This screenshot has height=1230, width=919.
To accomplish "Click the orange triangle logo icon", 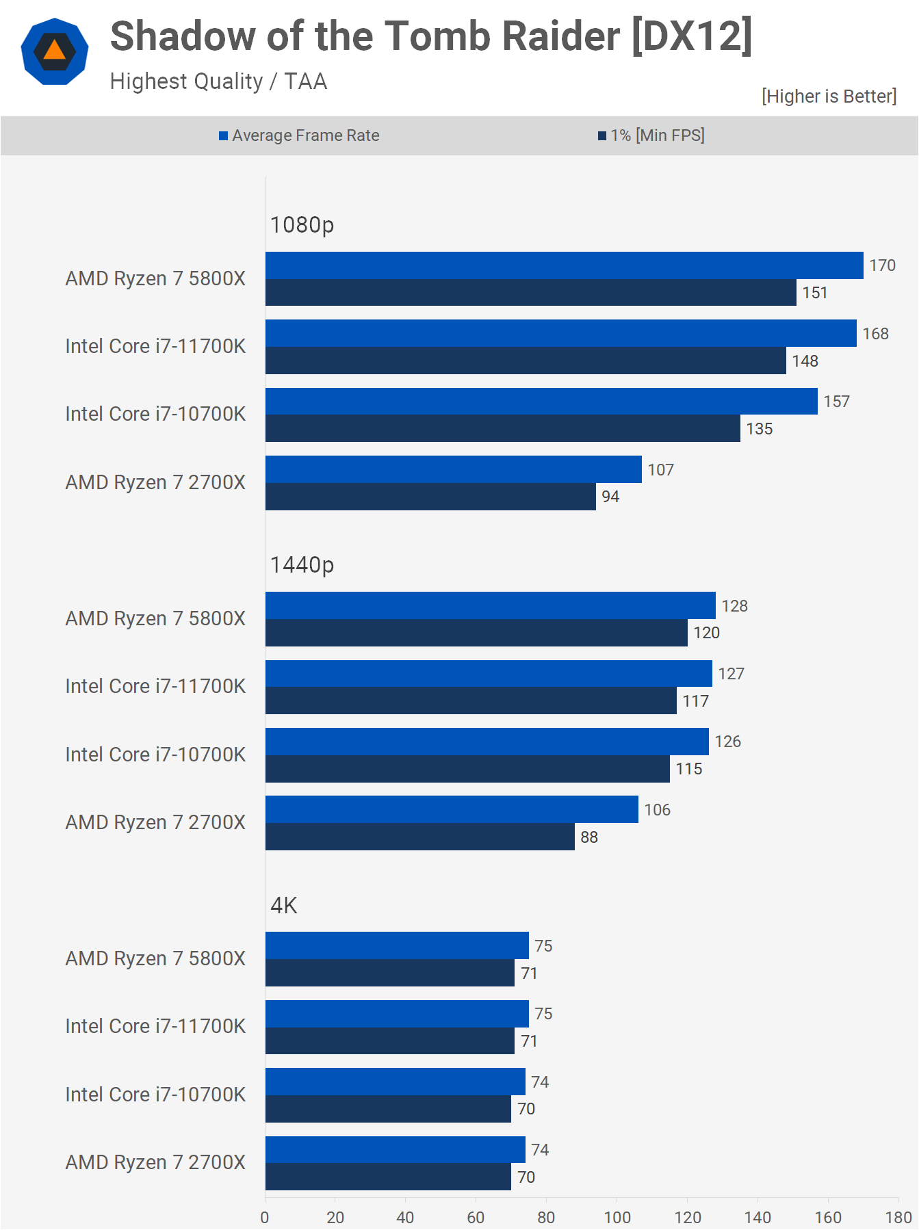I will coord(55,52).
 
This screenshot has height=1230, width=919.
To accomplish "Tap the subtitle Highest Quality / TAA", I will coord(218,81).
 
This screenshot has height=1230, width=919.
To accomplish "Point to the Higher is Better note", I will coord(829,96).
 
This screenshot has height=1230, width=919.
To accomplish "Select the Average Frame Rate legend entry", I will coord(299,135).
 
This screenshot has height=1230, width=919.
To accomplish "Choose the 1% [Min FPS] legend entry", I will coord(651,135).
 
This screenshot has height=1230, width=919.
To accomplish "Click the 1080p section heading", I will coord(302,224).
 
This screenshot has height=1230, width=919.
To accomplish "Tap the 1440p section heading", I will coord(302,564).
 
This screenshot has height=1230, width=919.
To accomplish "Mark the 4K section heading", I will coord(283,905).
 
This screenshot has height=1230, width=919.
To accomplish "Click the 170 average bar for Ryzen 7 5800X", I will coord(564,265).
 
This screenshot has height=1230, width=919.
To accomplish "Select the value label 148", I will coord(805,361).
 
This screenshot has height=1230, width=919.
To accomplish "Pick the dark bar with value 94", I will coord(430,497).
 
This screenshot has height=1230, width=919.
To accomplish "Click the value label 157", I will coord(836,402).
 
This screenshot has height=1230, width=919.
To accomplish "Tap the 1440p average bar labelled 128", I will coord(490,605).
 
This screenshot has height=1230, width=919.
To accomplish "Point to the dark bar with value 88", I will coord(419,837).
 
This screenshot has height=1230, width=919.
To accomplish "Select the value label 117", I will coord(695,701).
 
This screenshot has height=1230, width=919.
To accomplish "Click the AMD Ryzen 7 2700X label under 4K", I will coord(155,1162).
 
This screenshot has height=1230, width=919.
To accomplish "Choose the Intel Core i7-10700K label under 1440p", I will coord(155,755).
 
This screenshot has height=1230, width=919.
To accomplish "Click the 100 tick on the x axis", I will coord(617,1218).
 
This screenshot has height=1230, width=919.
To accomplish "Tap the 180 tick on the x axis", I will coord(898,1218).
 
